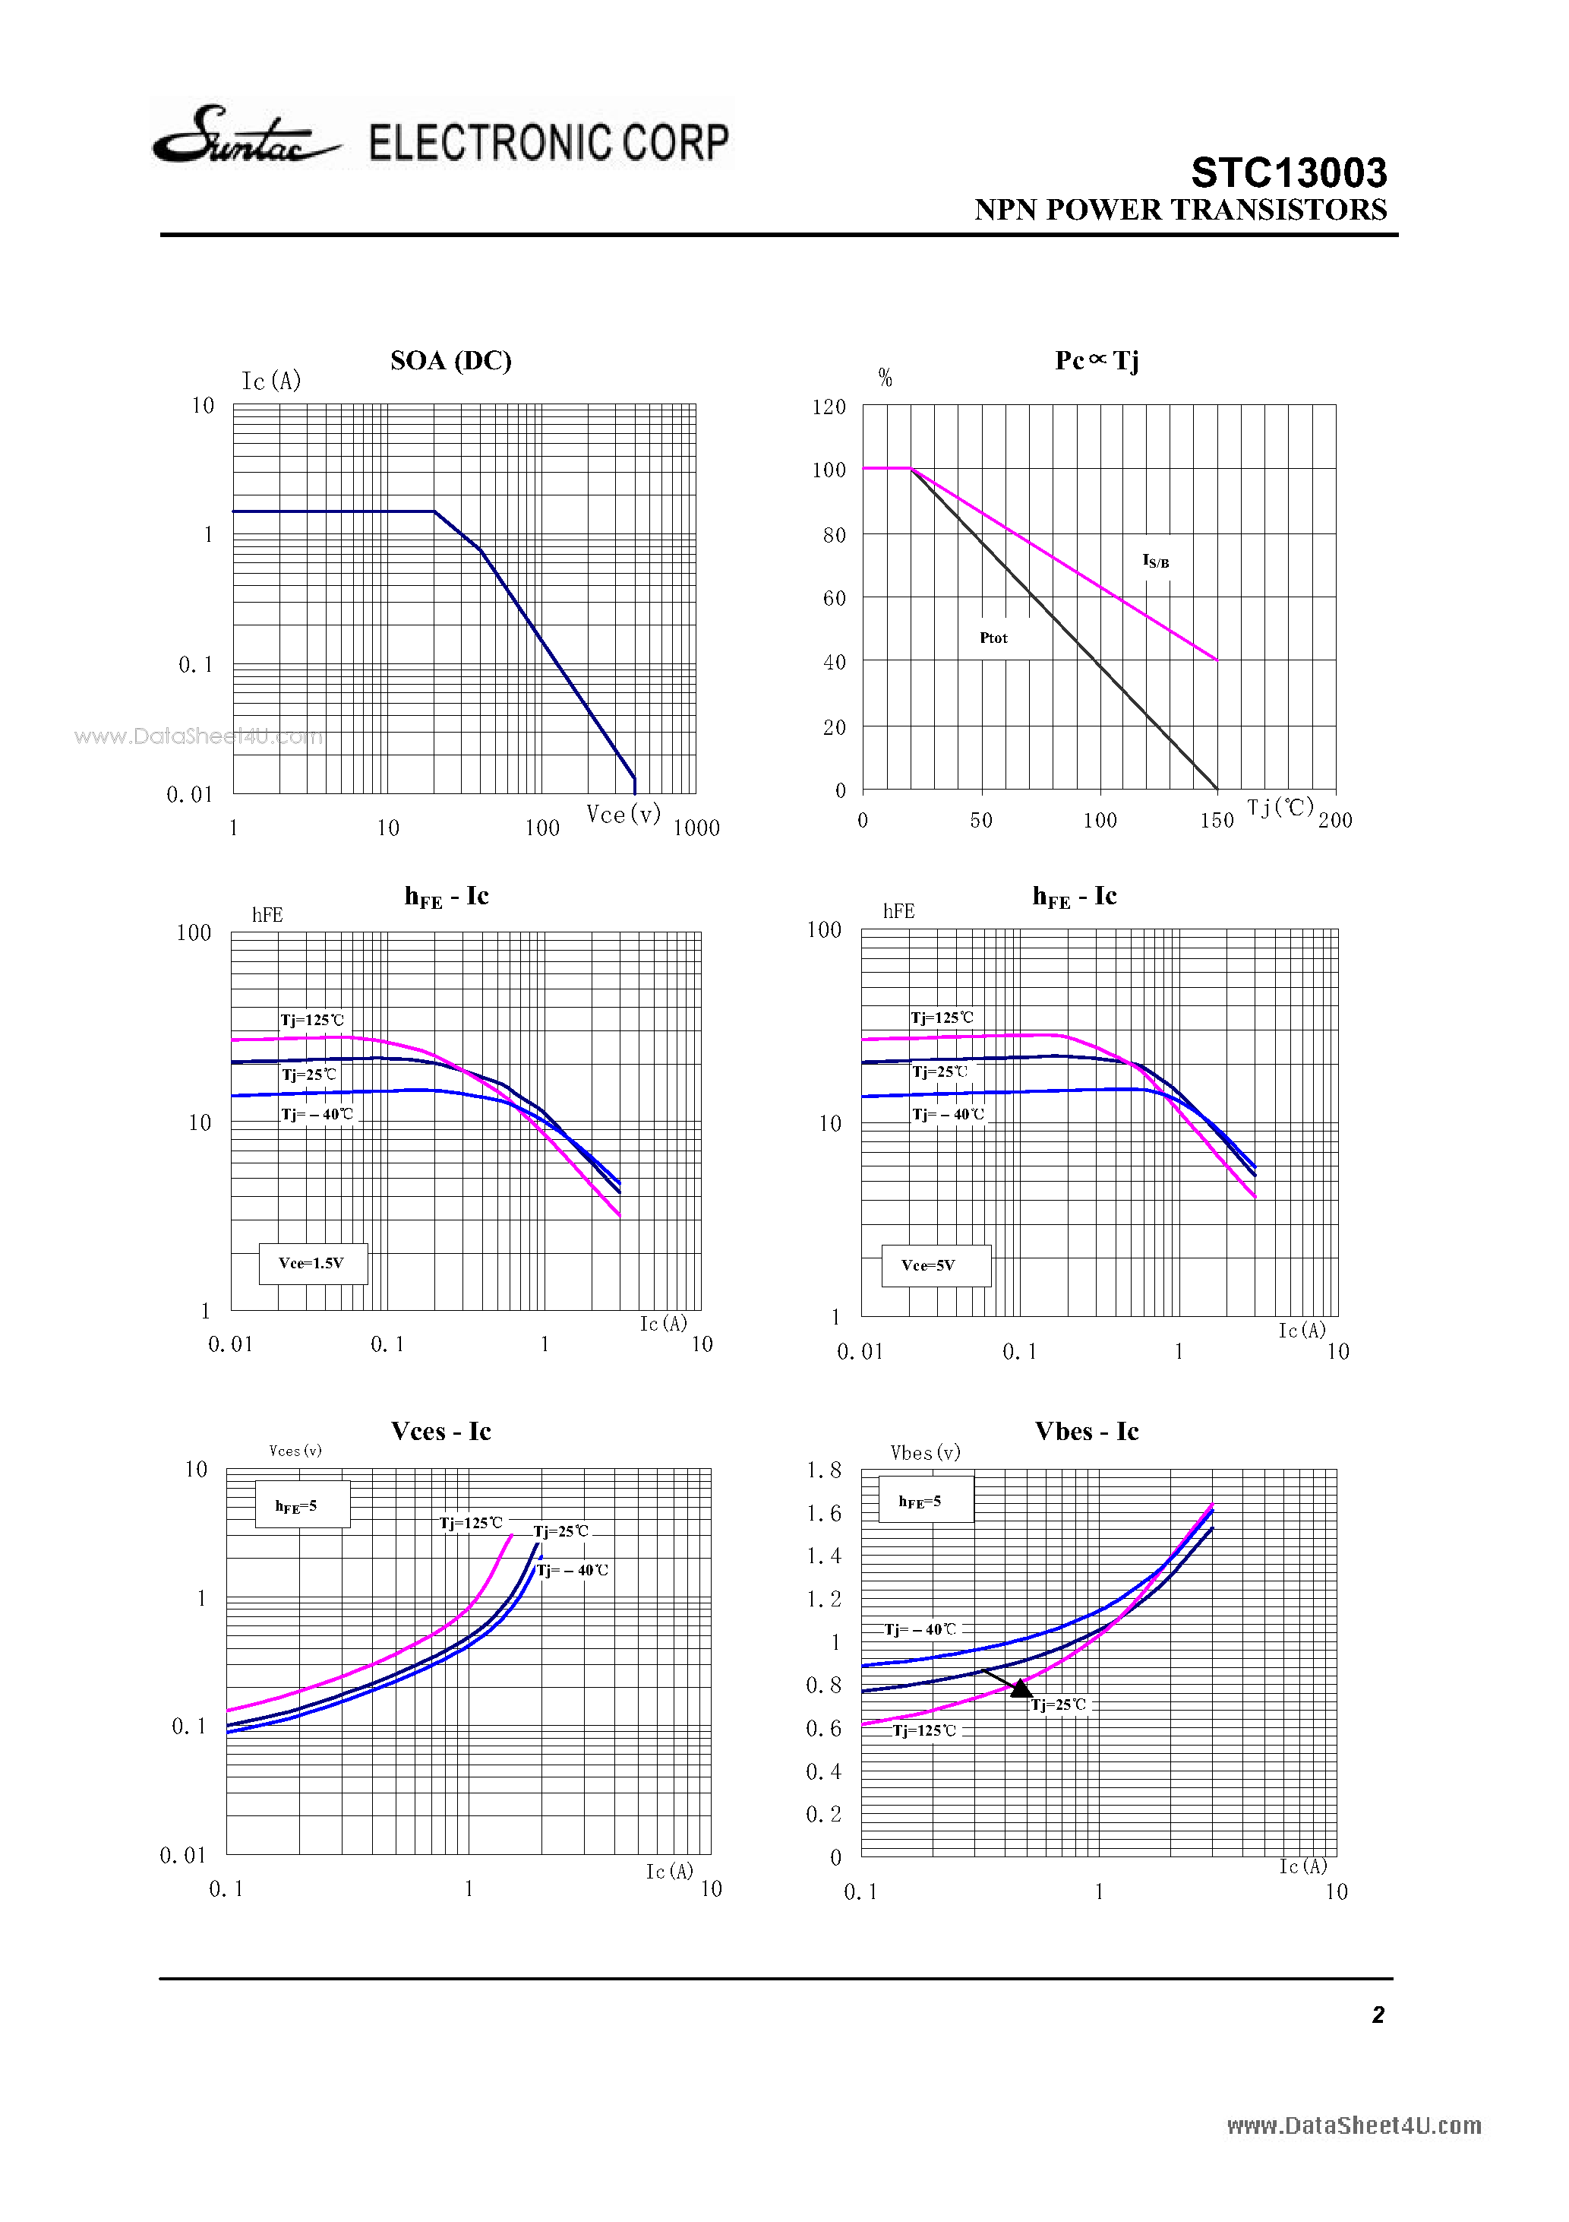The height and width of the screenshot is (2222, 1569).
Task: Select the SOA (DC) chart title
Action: pyautogui.click(x=451, y=361)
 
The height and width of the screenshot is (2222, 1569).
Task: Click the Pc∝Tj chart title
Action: pyautogui.click(x=1096, y=361)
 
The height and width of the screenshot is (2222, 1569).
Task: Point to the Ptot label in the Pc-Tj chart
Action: pyautogui.click(x=993, y=638)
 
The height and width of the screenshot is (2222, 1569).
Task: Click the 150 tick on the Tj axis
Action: pyautogui.click(x=1216, y=821)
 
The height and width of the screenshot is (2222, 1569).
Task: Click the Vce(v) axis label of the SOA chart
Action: pyautogui.click(x=623, y=814)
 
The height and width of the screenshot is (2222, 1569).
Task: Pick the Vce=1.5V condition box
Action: pyautogui.click(x=312, y=1263)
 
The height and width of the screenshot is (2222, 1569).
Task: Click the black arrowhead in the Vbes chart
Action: pyautogui.click(x=1021, y=1688)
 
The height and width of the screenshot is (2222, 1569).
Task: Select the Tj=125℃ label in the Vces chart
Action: pyautogui.click(x=471, y=1522)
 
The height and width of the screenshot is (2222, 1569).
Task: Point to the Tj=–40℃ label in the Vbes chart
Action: pyautogui.click(x=920, y=1629)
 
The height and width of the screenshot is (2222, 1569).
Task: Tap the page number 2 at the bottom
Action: pyautogui.click(x=1378, y=2015)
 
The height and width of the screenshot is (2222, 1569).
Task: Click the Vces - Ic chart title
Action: pyautogui.click(x=441, y=1432)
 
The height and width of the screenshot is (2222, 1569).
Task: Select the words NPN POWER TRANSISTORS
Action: pyautogui.click(x=1180, y=210)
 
